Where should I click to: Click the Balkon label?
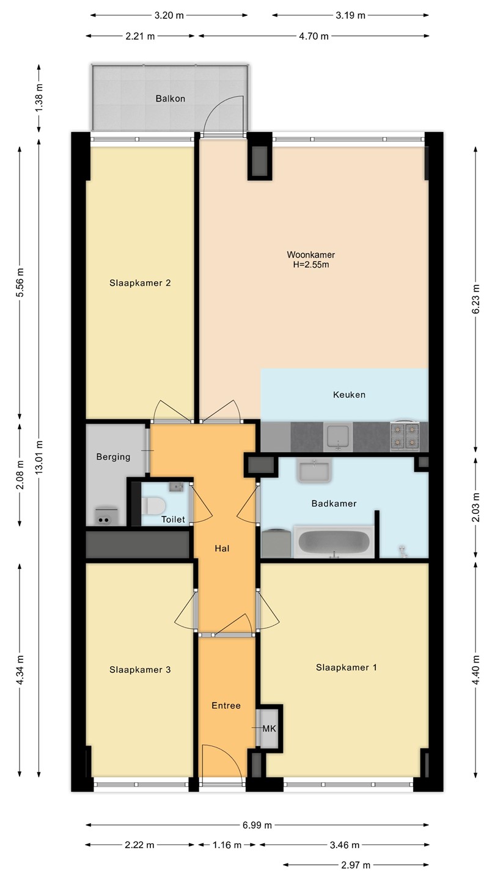click(170, 98)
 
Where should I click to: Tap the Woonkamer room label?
click(310, 255)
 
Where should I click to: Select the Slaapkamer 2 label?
click(140, 283)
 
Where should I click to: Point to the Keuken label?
click(350, 395)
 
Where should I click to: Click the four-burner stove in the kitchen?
click(405, 436)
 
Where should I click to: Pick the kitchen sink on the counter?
click(338, 437)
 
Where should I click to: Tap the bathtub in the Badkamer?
click(334, 542)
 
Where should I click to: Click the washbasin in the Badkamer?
click(314, 471)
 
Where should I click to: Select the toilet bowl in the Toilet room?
click(153, 506)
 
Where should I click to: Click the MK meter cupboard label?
click(269, 728)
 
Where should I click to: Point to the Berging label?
click(113, 457)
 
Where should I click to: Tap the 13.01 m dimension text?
click(39, 457)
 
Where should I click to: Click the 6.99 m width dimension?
click(257, 825)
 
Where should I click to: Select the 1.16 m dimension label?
click(227, 845)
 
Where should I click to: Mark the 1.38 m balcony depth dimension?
click(39, 98)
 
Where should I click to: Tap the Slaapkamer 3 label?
click(140, 670)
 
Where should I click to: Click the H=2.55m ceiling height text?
click(310, 265)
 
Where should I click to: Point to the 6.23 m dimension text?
click(475, 299)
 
